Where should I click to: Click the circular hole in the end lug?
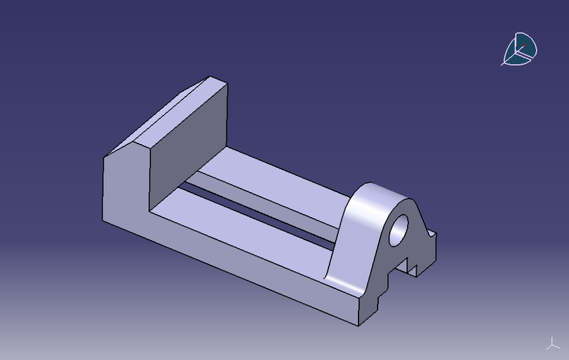(399, 230)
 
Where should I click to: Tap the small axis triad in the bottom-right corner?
(552, 343)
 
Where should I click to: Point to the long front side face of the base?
(237, 261)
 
